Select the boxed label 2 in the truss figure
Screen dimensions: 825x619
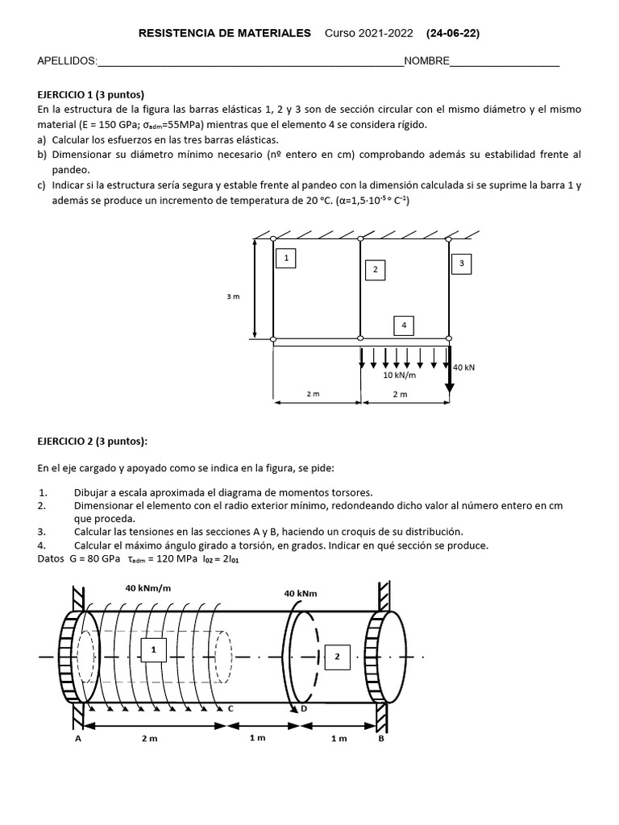click(x=375, y=270)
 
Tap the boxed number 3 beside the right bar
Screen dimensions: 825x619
click(x=462, y=263)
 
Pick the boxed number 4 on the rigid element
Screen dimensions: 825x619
click(x=404, y=325)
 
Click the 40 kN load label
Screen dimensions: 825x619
click(x=463, y=367)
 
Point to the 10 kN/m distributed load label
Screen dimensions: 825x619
click(x=399, y=375)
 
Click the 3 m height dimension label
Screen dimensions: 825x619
click(x=233, y=297)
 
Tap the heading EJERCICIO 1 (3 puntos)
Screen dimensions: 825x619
click(x=90, y=94)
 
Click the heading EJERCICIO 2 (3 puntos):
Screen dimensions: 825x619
click(x=92, y=441)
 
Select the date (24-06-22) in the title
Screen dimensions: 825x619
click(x=452, y=33)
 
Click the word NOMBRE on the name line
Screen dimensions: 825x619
click(x=426, y=62)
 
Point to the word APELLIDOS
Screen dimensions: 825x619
click(x=67, y=62)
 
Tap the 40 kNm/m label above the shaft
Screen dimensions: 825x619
click(x=148, y=588)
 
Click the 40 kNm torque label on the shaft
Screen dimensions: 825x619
click(x=301, y=594)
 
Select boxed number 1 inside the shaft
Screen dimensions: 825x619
click(x=153, y=649)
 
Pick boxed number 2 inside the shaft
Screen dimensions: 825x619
click(x=338, y=657)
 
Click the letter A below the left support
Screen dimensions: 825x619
click(x=79, y=738)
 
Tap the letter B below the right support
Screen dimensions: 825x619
click(x=381, y=738)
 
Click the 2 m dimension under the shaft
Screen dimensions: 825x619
click(x=150, y=738)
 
